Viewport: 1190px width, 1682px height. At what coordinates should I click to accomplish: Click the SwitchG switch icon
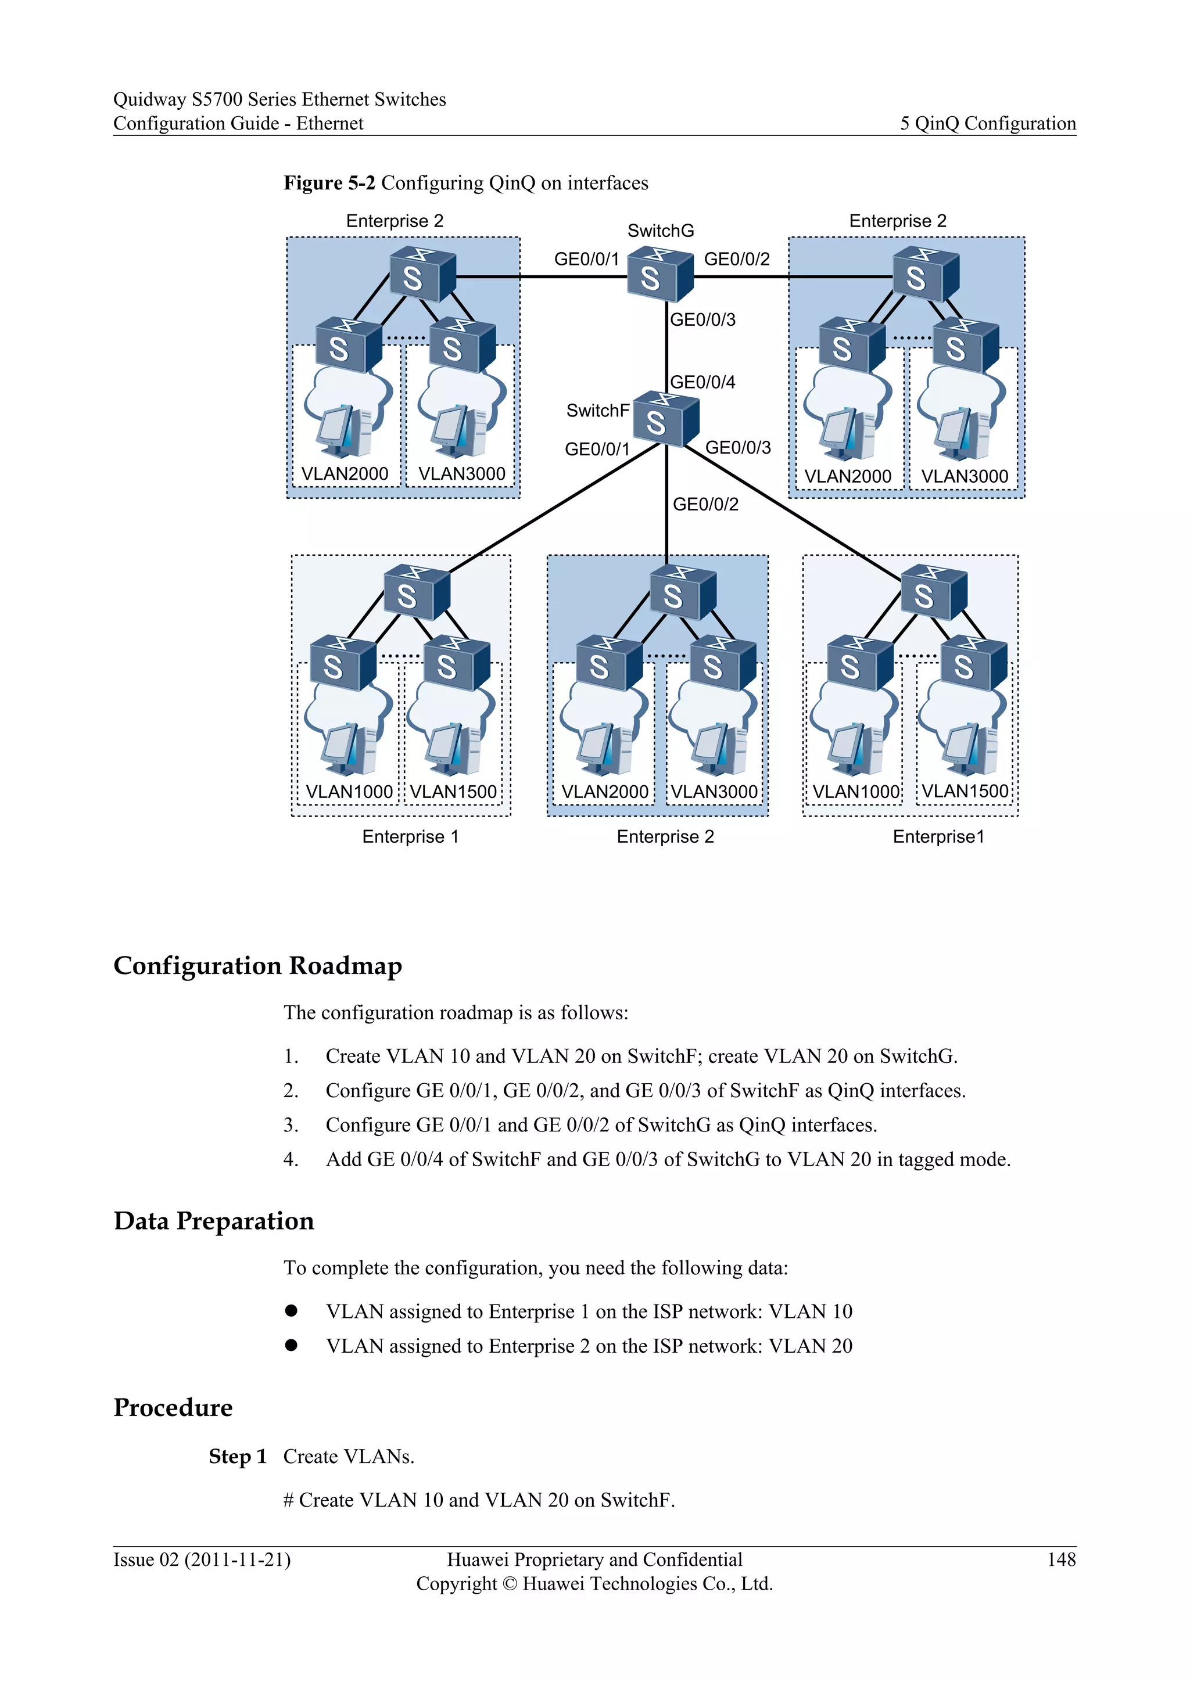659,275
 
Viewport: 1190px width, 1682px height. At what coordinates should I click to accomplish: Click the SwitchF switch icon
665,419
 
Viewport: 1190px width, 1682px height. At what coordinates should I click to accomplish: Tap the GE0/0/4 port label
702,382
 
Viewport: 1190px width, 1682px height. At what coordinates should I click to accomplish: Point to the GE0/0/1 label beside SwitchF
597,449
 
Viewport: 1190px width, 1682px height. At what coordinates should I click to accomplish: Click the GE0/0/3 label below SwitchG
702,319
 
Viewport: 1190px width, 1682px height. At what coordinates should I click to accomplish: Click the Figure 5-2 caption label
329,182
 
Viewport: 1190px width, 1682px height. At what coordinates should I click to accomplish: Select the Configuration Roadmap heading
257,965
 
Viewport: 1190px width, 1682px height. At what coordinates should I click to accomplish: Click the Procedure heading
173,1407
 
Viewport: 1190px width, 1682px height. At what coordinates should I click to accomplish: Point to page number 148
1061,1559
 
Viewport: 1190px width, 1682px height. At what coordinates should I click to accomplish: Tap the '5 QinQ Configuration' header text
988,123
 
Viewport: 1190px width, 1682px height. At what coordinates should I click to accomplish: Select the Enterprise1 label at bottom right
938,836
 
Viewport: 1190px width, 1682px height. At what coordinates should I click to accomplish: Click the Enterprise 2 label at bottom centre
665,836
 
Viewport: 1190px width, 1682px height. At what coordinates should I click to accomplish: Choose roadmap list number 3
291,1125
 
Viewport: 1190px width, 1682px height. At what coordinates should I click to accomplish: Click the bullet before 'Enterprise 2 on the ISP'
291,1345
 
